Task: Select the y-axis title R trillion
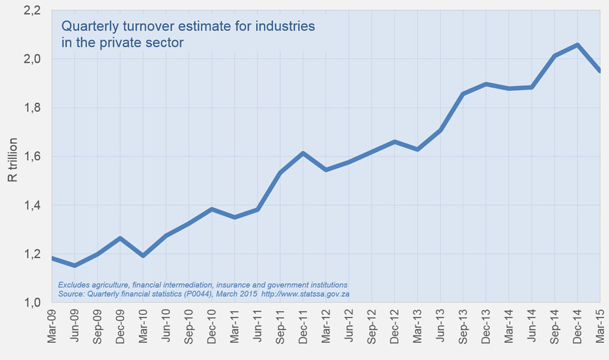[x=12, y=160]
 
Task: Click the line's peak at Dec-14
[x=577, y=45]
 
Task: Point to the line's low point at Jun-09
[x=75, y=265]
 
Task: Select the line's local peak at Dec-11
[x=303, y=153]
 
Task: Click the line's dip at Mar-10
[x=143, y=255]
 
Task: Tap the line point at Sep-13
[x=463, y=94]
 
